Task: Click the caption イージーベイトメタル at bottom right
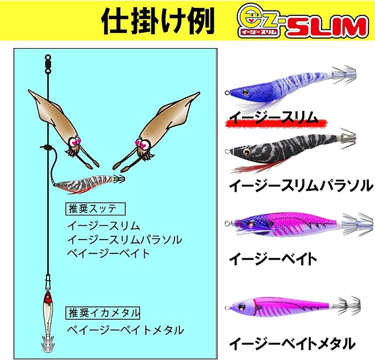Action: [x=292, y=343]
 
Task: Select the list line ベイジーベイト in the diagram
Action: [x=108, y=253]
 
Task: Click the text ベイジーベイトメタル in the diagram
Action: [x=125, y=330]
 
